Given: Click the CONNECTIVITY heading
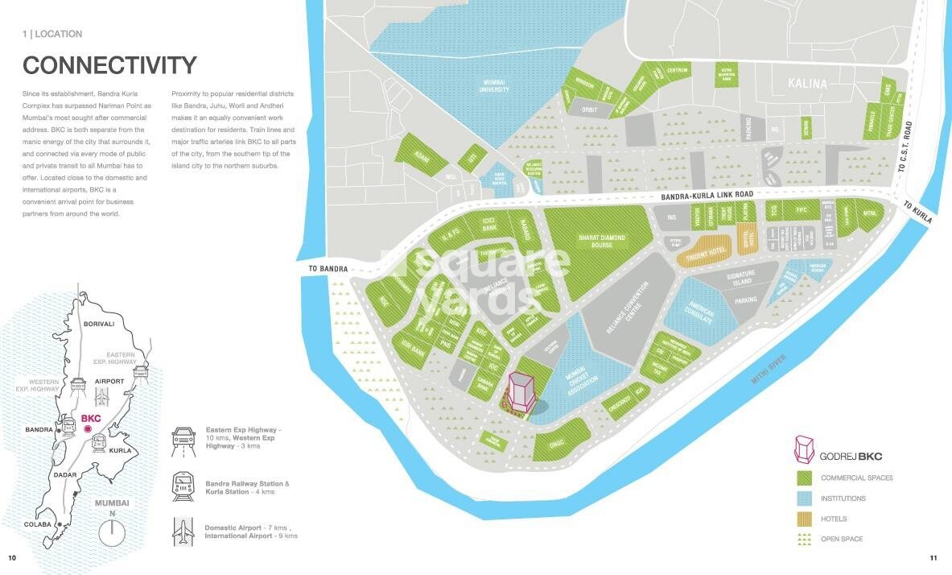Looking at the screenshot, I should pyautogui.click(x=109, y=65).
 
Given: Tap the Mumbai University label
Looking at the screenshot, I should pyautogui.click(x=494, y=86).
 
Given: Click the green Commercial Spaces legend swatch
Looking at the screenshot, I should pyautogui.click(x=802, y=478).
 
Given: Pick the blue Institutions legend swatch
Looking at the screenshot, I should pyautogui.click(x=802, y=498).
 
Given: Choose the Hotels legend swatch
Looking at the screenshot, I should pyautogui.click(x=802, y=519).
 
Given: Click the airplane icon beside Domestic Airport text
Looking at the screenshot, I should pyautogui.click(x=183, y=532).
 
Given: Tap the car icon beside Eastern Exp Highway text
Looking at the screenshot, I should pyautogui.click(x=183, y=440).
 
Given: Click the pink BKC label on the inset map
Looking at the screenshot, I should pyautogui.click(x=90, y=420).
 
